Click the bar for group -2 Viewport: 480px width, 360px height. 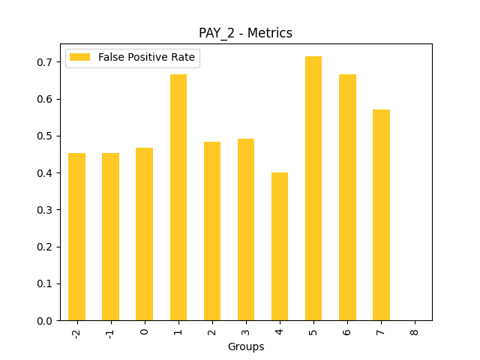[76, 237]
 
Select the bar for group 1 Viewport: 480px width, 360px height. [178, 197]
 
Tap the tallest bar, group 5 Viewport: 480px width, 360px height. [313, 188]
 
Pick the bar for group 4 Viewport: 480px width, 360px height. [280, 247]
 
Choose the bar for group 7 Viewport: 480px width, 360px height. [381, 215]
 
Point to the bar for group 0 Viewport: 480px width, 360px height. [145, 234]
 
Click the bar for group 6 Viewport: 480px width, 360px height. [347, 197]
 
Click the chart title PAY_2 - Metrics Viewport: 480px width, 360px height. [245, 33]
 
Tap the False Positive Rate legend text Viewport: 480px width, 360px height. [147, 58]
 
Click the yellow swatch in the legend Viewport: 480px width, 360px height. [81, 58]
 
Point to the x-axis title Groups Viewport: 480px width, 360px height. [245, 346]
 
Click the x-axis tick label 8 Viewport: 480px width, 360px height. [415, 330]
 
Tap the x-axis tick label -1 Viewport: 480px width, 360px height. [110, 331]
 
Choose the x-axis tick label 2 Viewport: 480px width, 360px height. [212, 330]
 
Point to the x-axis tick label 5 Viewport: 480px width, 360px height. [313, 330]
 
